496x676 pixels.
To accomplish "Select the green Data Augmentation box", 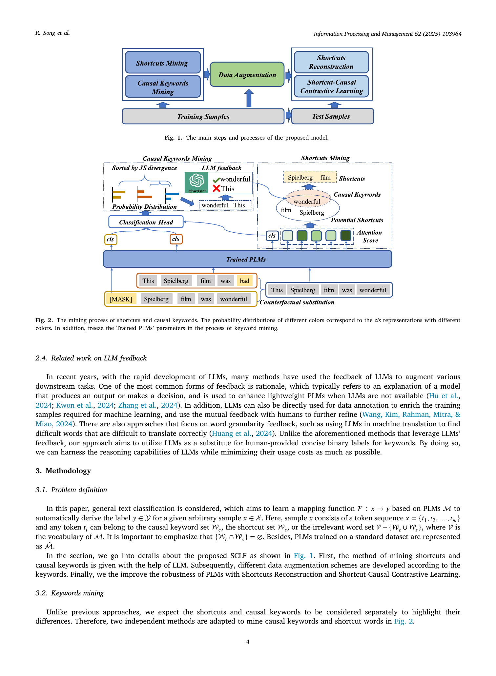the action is click(x=247, y=74).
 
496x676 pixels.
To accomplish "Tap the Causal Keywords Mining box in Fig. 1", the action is click(x=163, y=87).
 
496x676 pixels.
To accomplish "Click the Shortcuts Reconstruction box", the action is click(x=331, y=62).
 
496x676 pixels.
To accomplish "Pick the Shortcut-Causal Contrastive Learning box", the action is click(x=331, y=87).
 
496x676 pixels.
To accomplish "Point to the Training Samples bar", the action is click(x=203, y=116).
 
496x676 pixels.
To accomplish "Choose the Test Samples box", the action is click(x=332, y=116).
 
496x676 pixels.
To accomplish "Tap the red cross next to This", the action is click(x=216, y=188).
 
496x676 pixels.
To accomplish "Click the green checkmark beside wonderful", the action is click(x=216, y=180).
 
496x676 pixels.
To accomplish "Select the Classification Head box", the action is click(x=146, y=222).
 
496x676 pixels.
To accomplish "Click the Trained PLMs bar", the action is click(x=248, y=259).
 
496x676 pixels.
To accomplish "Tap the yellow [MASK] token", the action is click(x=121, y=299).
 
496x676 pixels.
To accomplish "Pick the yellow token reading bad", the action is click(x=244, y=280).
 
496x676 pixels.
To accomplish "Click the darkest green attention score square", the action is click(x=346, y=235).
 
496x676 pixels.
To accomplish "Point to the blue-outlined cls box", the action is click(x=272, y=236).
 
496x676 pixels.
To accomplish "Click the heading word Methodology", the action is click(x=68, y=471).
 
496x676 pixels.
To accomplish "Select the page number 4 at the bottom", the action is click(x=248, y=642).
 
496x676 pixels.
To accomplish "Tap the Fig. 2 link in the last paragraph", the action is click(x=403, y=621).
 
